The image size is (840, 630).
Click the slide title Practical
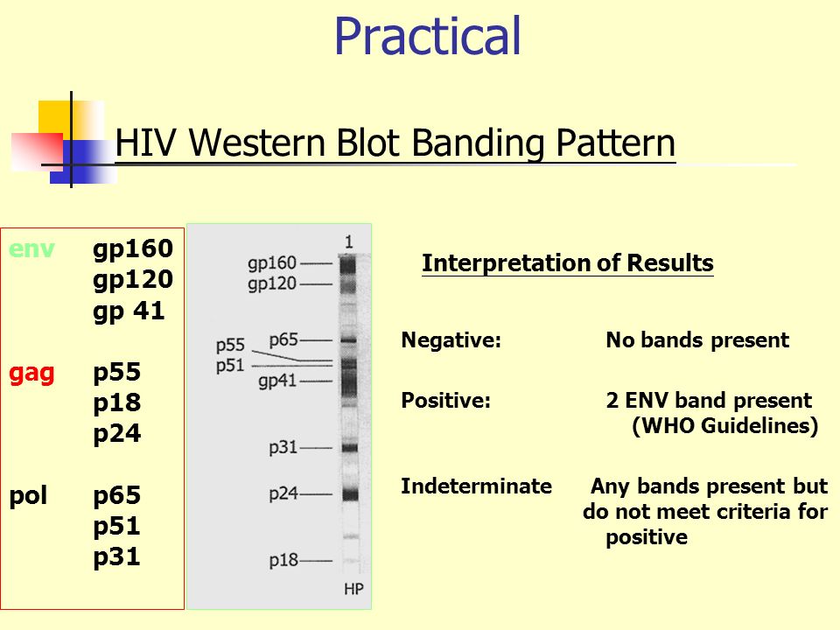[427, 37]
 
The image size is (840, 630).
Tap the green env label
[31, 248]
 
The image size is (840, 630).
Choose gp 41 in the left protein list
[129, 311]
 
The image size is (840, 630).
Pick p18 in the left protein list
[117, 403]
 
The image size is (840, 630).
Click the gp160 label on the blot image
[272, 262]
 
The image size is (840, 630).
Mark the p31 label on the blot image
[283, 447]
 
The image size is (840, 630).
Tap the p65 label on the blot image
[284, 339]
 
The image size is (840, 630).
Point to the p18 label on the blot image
[283, 559]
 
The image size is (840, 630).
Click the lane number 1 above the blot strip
[349, 240]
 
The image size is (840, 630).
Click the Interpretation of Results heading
[567, 263]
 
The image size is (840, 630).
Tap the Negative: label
[451, 340]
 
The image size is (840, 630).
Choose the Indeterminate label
[476, 486]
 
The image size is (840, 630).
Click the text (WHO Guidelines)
[724, 426]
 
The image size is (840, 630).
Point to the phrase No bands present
[697, 340]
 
